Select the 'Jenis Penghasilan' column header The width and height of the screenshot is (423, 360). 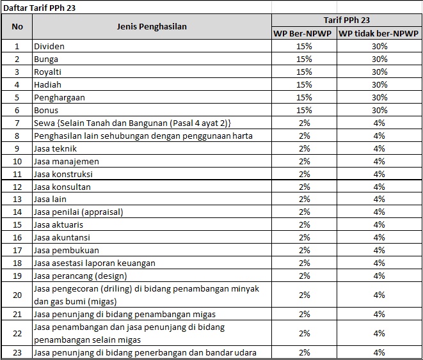[152, 26]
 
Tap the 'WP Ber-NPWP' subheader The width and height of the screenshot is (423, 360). [303, 33]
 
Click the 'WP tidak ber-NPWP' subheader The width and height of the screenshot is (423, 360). [379, 33]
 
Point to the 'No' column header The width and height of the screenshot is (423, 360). [17, 26]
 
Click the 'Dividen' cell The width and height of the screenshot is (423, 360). [49, 47]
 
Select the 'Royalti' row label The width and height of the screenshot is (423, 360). [47, 72]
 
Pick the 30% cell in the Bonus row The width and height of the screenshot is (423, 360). [379, 111]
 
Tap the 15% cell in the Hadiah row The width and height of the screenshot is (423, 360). [304, 85]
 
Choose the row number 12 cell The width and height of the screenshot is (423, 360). [17, 187]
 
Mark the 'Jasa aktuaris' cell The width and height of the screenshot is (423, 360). [59, 225]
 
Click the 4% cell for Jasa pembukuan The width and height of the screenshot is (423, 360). [379, 251]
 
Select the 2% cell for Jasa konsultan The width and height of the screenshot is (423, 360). [304, 187]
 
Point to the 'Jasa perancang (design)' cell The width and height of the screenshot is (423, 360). [81, 276]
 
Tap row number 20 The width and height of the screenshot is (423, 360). [17, 295]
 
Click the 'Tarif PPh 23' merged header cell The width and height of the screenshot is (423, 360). [346, 20]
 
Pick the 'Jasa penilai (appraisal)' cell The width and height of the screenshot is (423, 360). [79, 212]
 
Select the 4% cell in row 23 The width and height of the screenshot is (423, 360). [379, 352]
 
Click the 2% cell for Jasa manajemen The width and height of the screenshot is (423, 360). [304, 161]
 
